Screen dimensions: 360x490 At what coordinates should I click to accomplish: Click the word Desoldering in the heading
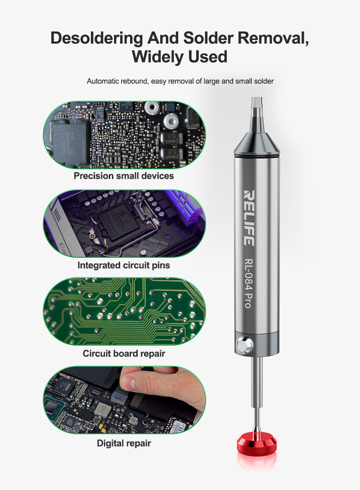click(96, 38)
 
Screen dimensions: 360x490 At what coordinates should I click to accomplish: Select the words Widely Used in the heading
click(180, 57)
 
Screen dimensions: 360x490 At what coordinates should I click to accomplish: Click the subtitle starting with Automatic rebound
click(180, 81)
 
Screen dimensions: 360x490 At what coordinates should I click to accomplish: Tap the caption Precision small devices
click(124, 176)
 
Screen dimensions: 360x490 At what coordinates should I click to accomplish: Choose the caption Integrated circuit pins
click(124, 265)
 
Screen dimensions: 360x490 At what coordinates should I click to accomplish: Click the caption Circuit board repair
click(124, 353)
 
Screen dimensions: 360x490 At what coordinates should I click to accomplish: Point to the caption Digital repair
click(124, 443)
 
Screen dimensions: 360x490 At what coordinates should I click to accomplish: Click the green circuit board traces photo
click(124, 311)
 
